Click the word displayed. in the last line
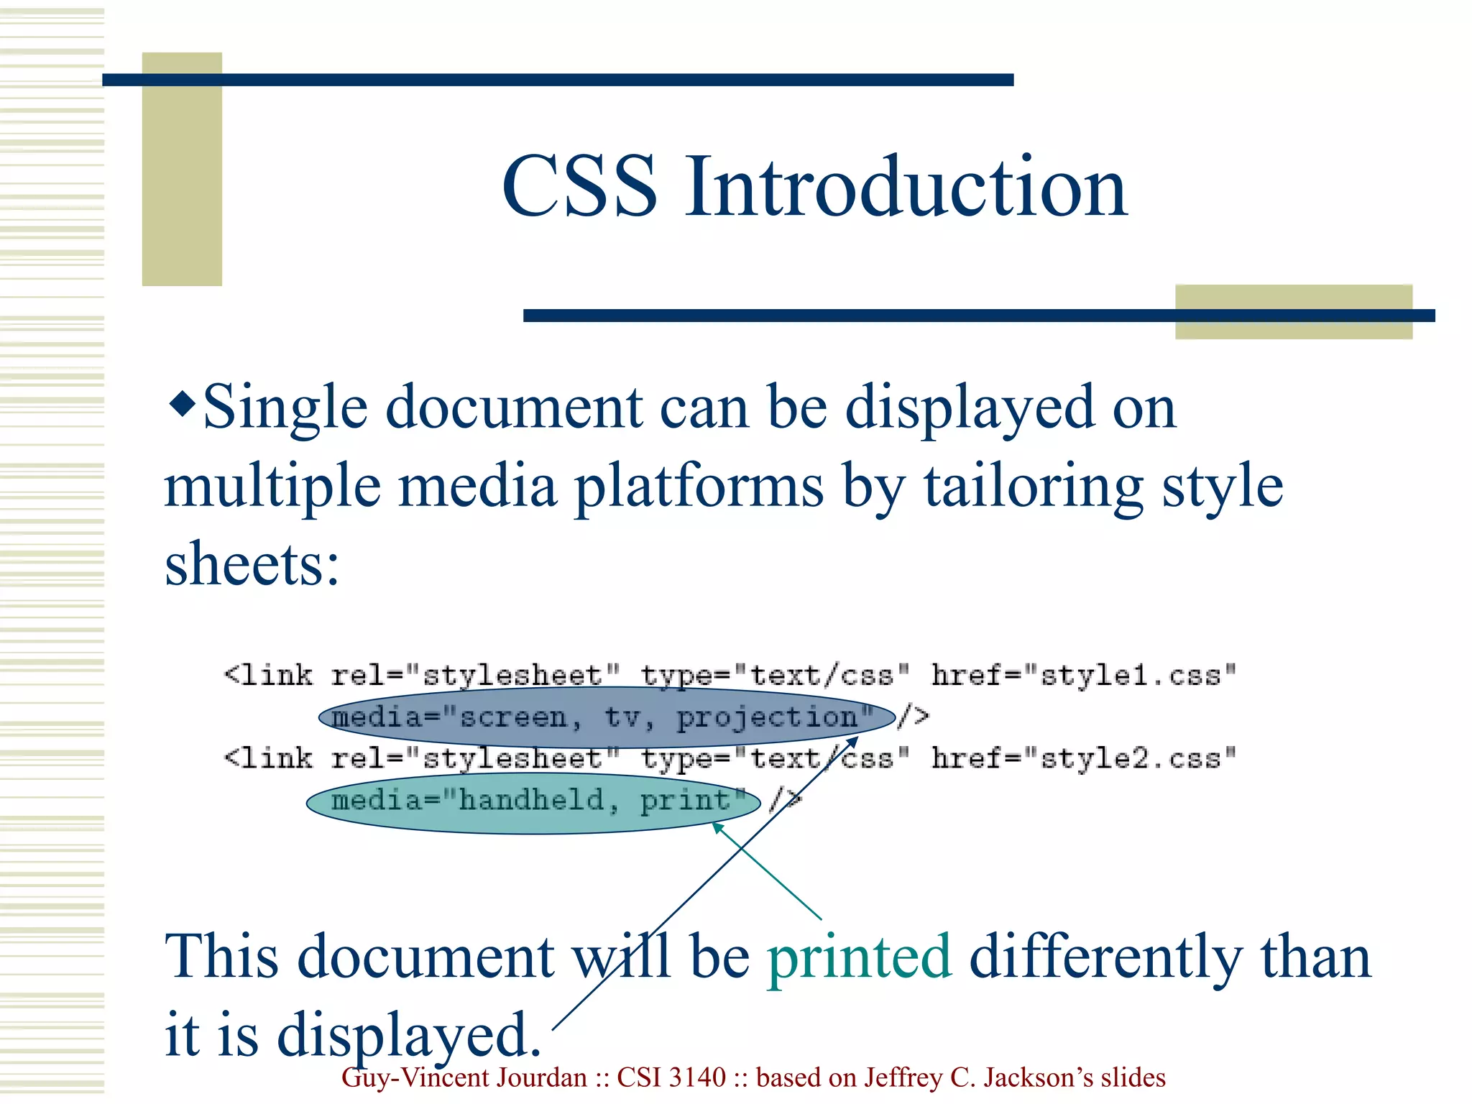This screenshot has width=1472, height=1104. point(410,1035)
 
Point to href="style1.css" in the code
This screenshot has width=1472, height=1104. point(1084,675)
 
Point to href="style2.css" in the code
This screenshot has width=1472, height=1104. point(1084,758)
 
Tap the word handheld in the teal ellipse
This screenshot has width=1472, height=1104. point(532,800)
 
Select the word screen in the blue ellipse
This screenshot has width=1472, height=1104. point(513,717)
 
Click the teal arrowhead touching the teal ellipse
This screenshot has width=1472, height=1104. point(717,829)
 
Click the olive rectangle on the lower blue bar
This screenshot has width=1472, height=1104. point(1293,312)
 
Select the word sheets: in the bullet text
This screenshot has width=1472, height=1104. point(252,564)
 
